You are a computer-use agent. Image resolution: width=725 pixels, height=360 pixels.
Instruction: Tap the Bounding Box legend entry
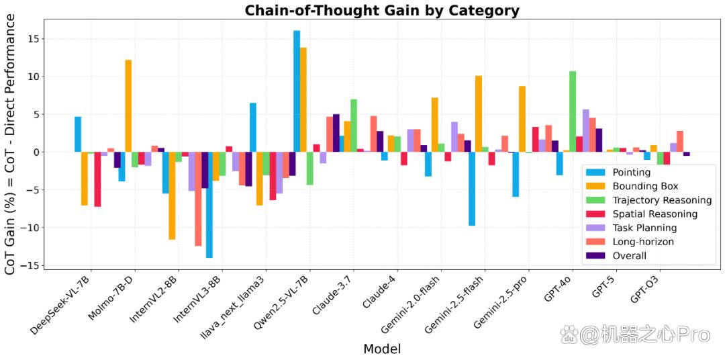pyautogui.click(x=632, y=187)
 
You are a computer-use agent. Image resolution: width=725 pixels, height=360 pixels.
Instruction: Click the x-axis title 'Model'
pyautogui.click(x=382, y=349)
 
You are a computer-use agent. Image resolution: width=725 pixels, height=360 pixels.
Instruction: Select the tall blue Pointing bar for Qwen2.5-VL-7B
pyautogui.click(x=297, y=91)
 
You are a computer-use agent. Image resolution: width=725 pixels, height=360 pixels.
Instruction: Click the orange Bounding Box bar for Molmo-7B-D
pyautogui.click(x=128, y=106)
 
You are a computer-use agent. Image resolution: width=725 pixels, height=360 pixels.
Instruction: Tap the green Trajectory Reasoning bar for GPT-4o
pyautogui.click(x=573, y=111)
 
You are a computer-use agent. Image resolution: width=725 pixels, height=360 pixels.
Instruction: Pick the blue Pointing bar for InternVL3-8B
pyautogui.click(x=209, y=205)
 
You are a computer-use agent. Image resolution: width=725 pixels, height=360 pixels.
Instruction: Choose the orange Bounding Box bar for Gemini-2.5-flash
pyautogui.click(x=479, y=114)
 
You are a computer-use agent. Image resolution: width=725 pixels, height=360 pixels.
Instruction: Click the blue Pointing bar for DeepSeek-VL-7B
pyautogui.click(x=78, y=134)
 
